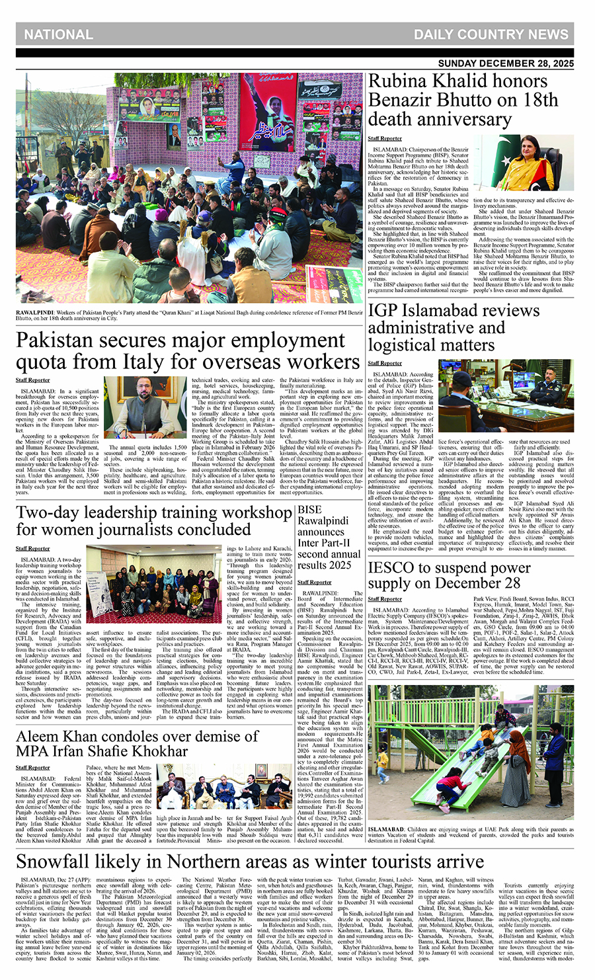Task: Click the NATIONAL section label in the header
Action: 59,34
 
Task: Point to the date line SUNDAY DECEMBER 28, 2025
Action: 506,64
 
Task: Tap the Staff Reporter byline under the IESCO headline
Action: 385,599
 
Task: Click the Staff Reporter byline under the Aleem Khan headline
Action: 33,768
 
